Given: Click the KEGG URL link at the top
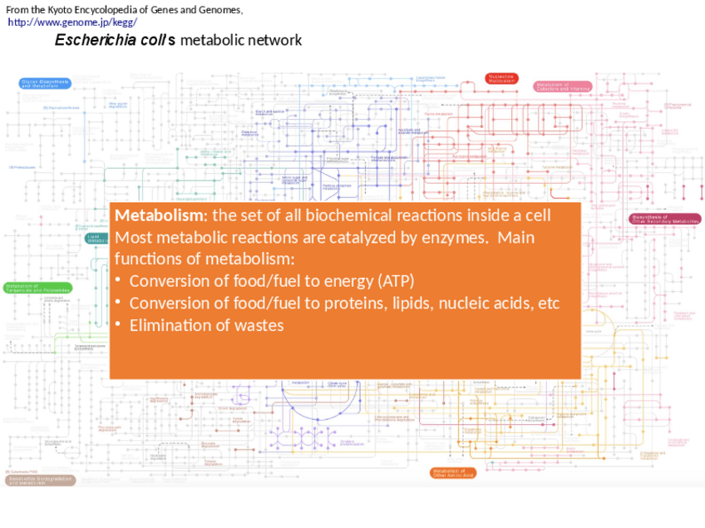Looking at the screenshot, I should click(72, 22).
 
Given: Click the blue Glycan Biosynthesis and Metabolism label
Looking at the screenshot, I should click(45, 83).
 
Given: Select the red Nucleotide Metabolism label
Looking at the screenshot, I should click(502, 78).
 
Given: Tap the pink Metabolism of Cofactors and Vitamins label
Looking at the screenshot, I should click(563, 86).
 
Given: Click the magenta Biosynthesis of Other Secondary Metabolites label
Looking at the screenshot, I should click(664, 220).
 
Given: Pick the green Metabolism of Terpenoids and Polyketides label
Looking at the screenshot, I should click(37, 288).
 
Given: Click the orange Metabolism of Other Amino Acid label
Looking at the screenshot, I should click(453, 472).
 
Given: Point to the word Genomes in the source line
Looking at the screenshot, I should click(218, 10).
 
